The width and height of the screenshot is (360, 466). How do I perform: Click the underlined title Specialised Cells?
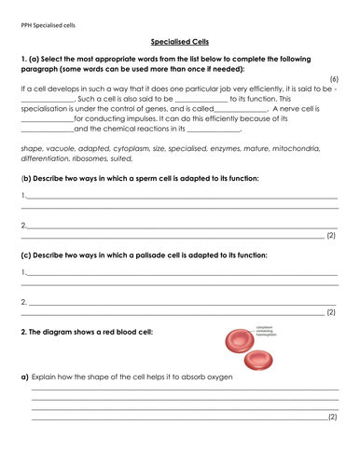(180, 42)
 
